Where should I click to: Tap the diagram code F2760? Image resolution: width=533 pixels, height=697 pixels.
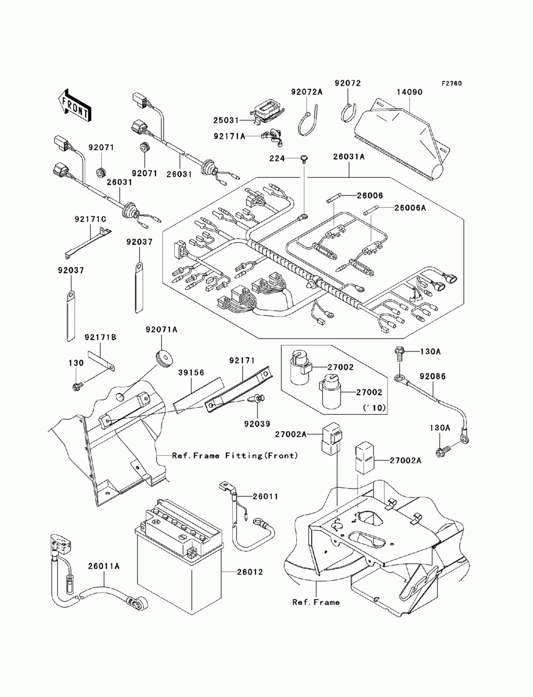point(451,84)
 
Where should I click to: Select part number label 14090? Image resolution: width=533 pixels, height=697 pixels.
point(409,92)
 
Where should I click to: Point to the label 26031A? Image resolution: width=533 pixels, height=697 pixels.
point(349,157)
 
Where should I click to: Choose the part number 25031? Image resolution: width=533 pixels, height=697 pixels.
point(225,120)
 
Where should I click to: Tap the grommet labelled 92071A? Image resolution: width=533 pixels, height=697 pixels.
point(165,356)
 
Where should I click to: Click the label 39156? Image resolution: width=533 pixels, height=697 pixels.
point(191,373)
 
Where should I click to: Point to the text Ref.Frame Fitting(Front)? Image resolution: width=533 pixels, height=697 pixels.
point(235,456)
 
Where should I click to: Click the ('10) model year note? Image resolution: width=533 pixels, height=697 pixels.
point(375,408)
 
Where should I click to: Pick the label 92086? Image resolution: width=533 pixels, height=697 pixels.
point(433,376)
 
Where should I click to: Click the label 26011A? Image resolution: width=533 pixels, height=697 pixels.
point(104,566)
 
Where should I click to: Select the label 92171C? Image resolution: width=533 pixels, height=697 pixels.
point(91,219)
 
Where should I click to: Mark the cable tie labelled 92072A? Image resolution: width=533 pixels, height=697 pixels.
point(308,119)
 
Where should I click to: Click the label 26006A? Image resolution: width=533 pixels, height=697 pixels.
point(410,208)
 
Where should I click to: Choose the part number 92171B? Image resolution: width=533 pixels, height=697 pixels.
point(100,337)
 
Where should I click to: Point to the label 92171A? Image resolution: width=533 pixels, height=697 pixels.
point(230,136)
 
